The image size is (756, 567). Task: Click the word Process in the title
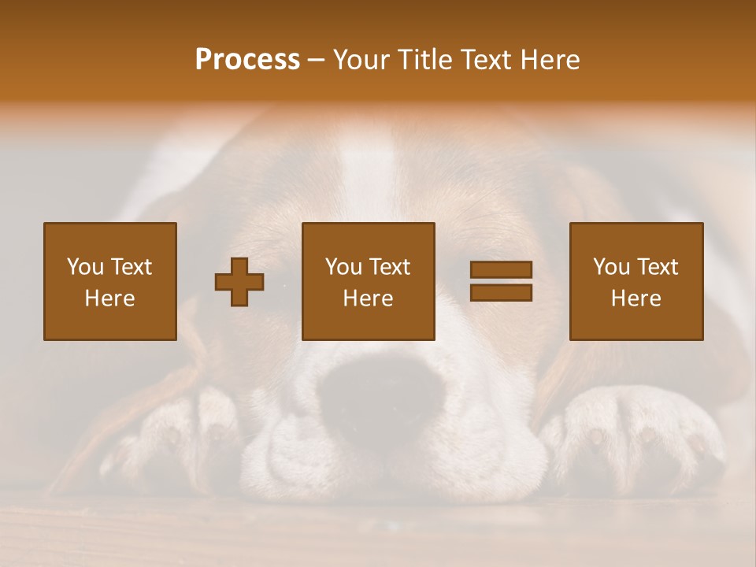[x=247, y=60]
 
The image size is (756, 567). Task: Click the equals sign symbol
[x=501, y=281]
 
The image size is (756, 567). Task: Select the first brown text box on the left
[x=109, y=281]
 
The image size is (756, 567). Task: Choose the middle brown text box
[x=368, y=281]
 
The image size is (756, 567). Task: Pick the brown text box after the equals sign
[x=636, y=281]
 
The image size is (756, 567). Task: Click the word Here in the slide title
[x=550, y=60]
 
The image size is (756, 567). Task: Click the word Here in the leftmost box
[x=109, y=298]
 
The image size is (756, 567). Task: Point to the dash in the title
[x=317, y=61]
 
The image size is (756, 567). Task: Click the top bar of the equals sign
[x=501, y=270]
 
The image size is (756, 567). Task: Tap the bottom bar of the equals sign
[x=501, y=292]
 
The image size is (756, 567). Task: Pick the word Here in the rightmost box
[x=636, y=298]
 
